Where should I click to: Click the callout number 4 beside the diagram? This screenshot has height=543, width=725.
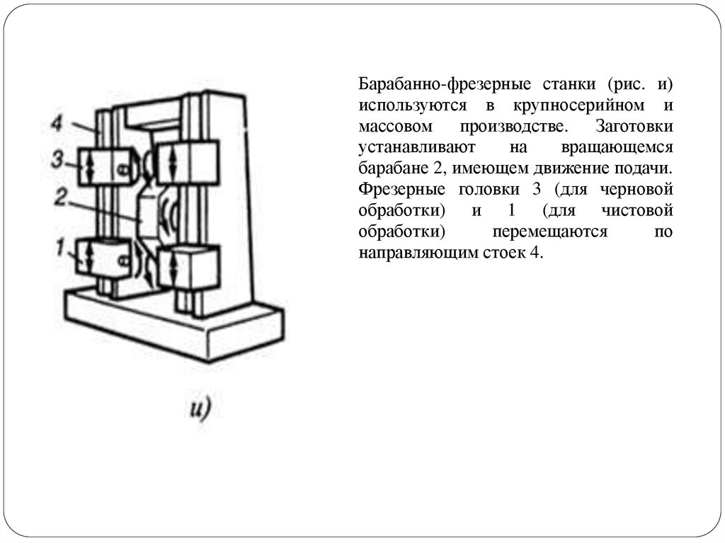pyautogui.click(x=57, y=123)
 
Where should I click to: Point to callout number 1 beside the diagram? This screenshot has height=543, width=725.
pyautogui.click(x=61, y=248)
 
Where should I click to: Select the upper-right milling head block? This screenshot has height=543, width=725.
pyautogui.click(x=187, y=162)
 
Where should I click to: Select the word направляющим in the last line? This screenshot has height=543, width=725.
pyautogui.click(x=414, y=255)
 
